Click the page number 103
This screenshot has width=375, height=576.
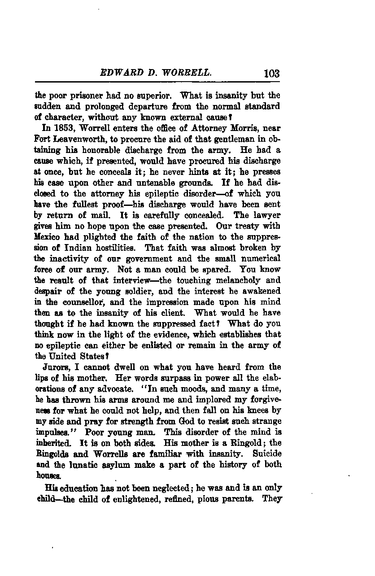(x=272, y=73)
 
